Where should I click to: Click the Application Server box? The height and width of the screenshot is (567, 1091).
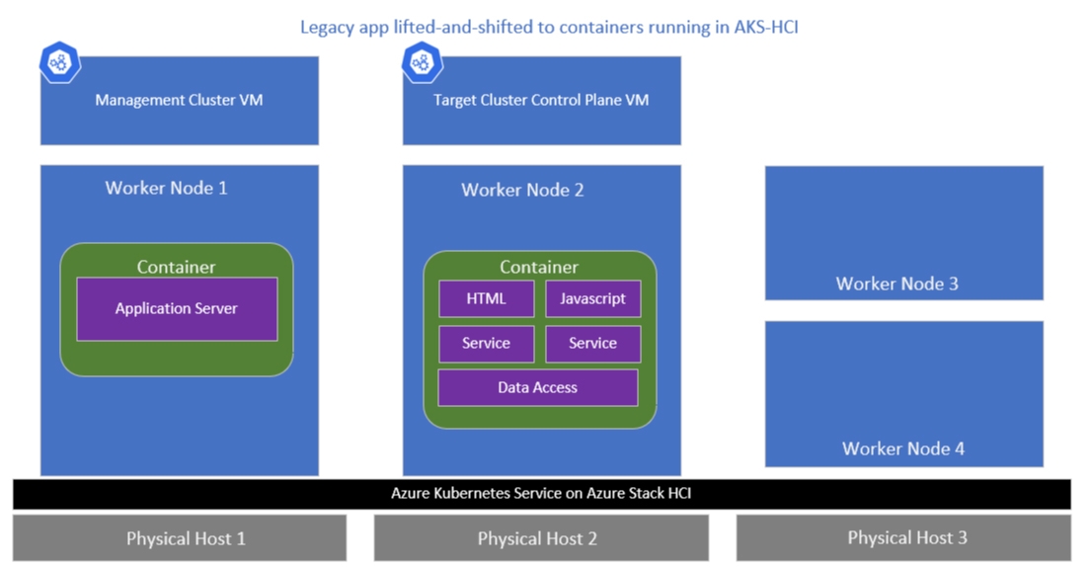(177, 309)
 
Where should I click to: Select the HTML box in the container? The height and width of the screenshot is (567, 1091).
(487, 298)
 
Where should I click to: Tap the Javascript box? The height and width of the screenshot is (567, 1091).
(592, 298)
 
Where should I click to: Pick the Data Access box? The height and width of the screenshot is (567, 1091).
(538, 387)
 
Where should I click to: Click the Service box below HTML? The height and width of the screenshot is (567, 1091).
(487, 344)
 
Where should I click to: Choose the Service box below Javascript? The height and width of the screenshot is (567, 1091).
(592, 344)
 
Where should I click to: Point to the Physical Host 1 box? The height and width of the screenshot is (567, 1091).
(180, 537)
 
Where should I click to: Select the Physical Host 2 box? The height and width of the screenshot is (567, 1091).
(541, 537)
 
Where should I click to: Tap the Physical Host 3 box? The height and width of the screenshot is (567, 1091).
(903, 537)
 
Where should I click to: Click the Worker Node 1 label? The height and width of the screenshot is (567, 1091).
(166, 188)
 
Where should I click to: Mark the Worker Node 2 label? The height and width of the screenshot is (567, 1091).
(522, 190)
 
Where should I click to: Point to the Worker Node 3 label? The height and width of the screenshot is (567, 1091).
(896, 283)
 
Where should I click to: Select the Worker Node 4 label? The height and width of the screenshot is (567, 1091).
(903, 448)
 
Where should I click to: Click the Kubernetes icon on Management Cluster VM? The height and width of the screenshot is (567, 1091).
(60, 62)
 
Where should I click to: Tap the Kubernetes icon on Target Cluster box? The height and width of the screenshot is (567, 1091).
(423, 62)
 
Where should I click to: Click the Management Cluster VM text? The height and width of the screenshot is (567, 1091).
(179, 100)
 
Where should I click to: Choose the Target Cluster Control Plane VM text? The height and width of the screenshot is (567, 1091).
(541, 100)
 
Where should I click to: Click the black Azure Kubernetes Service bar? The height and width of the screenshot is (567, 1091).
(541, 494)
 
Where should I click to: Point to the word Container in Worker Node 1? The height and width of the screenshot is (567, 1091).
(176, 267)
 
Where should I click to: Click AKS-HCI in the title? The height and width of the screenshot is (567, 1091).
(766, 27)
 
